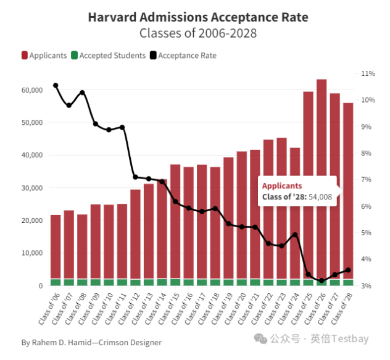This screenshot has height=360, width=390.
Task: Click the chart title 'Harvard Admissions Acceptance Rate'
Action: click(198, 16)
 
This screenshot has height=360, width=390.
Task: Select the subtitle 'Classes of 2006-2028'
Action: click(198, 32)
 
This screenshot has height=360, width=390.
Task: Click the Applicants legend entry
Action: click(44, 55)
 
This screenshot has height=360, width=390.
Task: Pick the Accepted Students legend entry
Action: click(108, 55)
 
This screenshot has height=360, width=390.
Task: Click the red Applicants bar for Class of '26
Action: click(322, 179)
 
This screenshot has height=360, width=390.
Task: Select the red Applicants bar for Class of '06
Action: click(56, 247)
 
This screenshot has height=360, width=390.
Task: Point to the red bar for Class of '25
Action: click(308, 185)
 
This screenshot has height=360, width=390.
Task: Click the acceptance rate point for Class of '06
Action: click(56, 85)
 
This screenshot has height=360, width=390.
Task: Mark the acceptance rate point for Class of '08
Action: click(82, 93)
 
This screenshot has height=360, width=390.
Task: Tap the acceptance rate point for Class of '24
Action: click(295, 235)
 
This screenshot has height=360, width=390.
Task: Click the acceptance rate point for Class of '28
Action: click(348, 270)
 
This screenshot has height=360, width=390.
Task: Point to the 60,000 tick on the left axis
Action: click(30, 90)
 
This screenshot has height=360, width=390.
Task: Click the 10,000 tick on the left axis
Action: click(30, 253)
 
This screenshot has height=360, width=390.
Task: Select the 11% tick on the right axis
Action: click(368, 73)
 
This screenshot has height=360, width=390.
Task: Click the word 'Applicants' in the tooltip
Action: click(282, 185)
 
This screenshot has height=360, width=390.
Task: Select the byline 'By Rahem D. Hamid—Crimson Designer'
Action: click(91, 342)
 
